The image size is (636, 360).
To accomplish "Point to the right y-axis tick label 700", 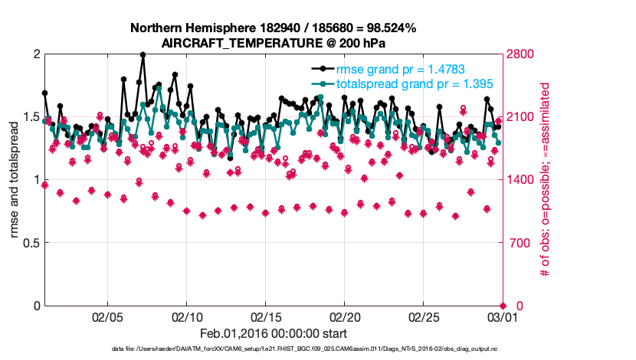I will (519, 243).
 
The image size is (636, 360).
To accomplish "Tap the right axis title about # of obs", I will (546, 180).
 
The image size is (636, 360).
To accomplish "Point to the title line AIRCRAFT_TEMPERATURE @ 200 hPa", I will (274, 43).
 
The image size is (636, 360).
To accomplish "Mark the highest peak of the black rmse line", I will (143, 54).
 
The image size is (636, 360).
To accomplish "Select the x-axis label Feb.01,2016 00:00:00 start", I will (274, 333).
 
